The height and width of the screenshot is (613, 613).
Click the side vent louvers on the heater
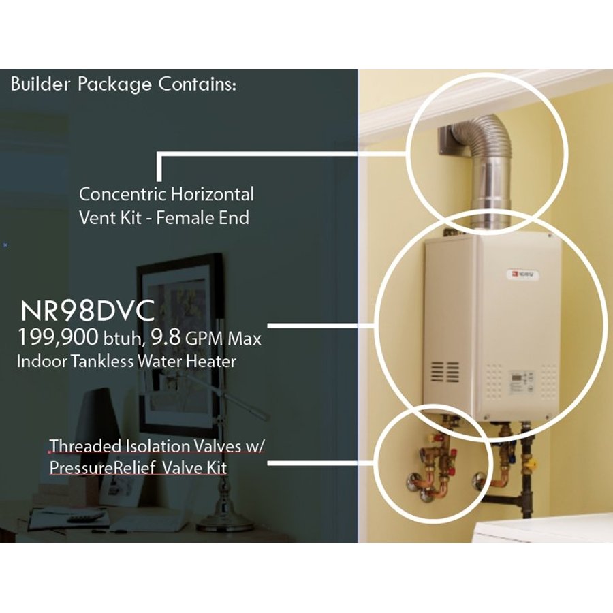point(445,372)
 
